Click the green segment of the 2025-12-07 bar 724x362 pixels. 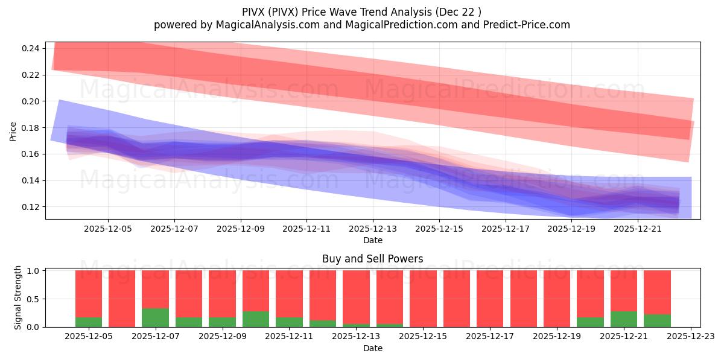155,318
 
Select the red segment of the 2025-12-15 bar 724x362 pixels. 423,299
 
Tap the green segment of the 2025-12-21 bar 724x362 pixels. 624,319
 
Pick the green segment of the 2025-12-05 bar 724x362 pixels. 89,322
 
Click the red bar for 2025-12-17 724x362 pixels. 490,299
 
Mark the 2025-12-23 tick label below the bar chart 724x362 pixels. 690,337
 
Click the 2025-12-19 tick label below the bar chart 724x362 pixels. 557,337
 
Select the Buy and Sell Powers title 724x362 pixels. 372,259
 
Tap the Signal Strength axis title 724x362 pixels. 18,297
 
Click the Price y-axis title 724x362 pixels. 13,131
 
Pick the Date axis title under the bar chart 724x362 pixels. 372,348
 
